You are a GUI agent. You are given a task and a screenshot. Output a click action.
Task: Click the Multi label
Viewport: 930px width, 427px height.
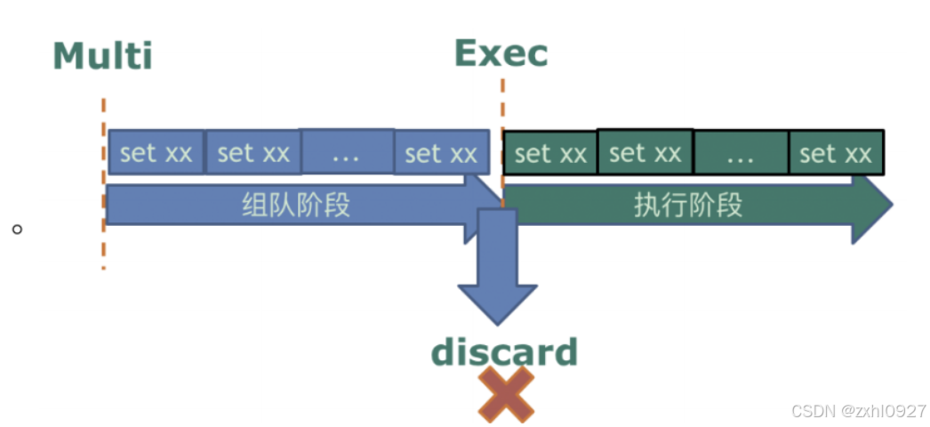103,56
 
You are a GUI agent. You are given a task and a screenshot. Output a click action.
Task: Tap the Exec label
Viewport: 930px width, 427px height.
501,53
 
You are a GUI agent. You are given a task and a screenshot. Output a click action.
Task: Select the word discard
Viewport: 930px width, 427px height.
504,352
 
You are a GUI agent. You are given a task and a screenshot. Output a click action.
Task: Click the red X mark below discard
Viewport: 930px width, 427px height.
506,395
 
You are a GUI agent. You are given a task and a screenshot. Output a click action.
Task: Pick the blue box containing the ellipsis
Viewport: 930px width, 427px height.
346,152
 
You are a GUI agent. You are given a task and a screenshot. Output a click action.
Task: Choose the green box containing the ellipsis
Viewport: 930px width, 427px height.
741,153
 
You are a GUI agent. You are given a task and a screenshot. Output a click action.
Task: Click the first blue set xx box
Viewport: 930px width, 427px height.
156,152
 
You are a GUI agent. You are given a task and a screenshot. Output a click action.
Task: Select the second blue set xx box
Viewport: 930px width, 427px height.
253,152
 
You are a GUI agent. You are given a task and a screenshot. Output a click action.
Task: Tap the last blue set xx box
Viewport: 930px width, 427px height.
441,153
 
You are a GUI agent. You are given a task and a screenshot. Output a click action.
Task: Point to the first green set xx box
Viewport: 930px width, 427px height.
550,154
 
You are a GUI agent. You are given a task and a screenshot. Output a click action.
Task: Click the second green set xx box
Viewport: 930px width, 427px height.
645,152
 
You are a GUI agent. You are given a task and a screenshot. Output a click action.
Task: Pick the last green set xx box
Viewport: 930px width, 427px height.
836,154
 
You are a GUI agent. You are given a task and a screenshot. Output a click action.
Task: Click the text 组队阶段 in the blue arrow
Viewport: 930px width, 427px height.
296,205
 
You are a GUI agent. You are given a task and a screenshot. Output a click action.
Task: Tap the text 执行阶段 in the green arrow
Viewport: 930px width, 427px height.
688,205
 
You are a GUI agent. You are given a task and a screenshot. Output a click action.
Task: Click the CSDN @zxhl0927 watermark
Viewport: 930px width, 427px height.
857,410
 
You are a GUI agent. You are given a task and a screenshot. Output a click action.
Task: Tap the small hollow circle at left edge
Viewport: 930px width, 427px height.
17,229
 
